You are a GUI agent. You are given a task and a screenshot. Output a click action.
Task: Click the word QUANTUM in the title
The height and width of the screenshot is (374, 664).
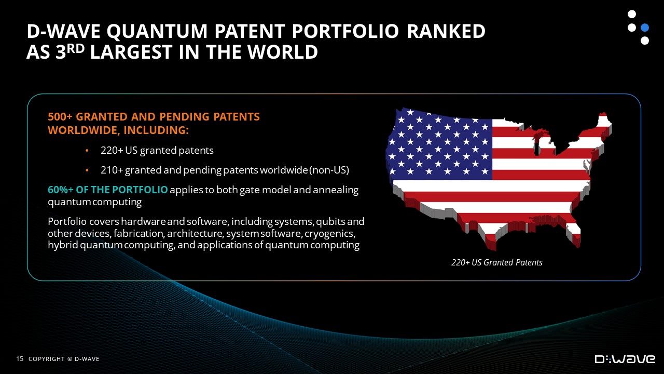pyautogui.click(x=157, y=31)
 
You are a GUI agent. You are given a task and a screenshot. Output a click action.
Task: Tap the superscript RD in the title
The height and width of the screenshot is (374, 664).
pyautogui.click(x=76, y=48)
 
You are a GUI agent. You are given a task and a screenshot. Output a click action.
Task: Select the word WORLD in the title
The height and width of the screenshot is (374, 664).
pyautogui.click(x=283, y=52)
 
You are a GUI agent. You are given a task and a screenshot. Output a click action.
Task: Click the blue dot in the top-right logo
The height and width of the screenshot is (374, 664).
pyautogui.click(x=645, y=28)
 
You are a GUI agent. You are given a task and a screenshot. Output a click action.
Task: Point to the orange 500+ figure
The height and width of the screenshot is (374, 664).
pyautogui.click(x=60, y=117)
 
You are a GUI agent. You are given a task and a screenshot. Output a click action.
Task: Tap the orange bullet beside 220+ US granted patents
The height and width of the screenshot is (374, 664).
pyautogui.click(x=87, y=151)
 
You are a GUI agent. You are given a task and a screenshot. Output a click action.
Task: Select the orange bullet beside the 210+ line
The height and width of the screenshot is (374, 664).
pyautogui.click(x=87, y=170)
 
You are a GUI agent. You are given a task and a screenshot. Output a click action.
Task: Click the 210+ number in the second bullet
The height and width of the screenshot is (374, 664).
pyautogui.click(x=112, y=170)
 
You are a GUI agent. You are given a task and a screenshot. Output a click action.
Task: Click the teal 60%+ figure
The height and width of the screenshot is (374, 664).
pyautogui.click(x=61, y=190)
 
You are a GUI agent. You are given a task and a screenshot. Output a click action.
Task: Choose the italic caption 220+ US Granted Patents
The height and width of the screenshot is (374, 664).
pyautogui.click(x=497, y=262)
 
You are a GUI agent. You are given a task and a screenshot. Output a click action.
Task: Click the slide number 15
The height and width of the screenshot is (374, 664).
pyautogui.click(x=20, y=359)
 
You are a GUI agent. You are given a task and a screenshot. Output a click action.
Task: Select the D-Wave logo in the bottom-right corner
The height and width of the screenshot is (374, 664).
pyautogui.click(x=625, y=359)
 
